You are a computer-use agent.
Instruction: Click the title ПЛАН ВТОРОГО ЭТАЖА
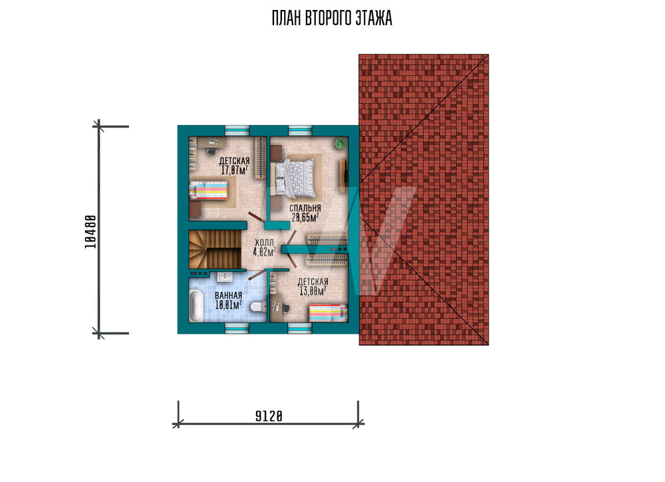click(x=332, y=18)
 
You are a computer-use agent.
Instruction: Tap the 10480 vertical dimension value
click(x=90, y=232)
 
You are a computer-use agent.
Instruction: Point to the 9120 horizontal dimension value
click(x=269, y=417)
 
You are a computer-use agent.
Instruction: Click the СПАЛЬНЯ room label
click(x=305, y=209)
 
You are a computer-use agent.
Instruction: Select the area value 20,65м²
click(x=305, y=217)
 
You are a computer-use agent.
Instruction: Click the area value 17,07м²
click(x=234, y=170)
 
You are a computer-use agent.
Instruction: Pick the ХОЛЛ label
click(x=264, y=243)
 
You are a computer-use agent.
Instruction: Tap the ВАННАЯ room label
click(x=228, y=295)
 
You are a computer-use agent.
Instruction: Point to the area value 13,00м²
click(x=313, y=291)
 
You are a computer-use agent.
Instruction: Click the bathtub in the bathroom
click(x=196, y=306)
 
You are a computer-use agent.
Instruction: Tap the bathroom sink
click(x=224, y=277)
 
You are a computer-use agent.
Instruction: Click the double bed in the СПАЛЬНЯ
click(x=295, y=178)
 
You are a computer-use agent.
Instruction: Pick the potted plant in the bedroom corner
click(x=340, y=144)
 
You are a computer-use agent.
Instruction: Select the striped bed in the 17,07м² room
click(x=208, y=190)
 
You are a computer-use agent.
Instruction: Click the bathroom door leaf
click(x=257, y=275)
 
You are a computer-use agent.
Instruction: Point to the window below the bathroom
click(x=236, y=328)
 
